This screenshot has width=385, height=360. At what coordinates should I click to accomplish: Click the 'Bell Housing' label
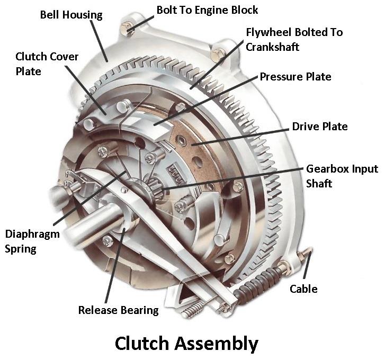coord(71,15)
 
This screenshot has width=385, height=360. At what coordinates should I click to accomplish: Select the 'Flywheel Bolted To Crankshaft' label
coord(294,39)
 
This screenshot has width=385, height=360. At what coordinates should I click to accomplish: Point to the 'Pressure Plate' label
coord(295,77)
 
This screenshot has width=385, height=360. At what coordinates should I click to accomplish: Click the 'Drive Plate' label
coord(320,127)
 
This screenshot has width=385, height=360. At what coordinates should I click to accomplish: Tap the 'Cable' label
coord(303,289)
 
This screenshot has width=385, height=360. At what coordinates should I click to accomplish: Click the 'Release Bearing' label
coord(118,310)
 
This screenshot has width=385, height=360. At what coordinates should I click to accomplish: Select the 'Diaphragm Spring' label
coord(26,241)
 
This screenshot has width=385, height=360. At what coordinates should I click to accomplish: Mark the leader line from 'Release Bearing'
coord(115,265)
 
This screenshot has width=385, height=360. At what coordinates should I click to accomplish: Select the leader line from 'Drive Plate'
coord(244,136)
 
